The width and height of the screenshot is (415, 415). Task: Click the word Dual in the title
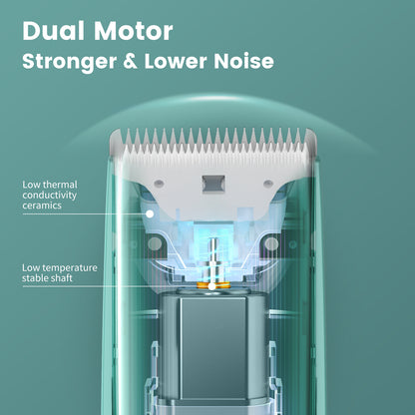point(53,31)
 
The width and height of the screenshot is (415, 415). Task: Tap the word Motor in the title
point(133,31)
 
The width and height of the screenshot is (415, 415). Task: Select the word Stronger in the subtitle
point(69,62)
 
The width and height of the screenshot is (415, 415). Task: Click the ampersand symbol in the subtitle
point(130,61)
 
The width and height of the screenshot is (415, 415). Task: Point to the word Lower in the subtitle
point(176,61)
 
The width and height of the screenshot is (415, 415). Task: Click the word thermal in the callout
point(60,185)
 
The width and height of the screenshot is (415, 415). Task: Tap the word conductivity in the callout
point(49,196)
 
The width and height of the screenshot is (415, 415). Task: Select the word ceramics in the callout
point(42,206)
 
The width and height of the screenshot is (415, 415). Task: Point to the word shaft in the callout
point(62,278)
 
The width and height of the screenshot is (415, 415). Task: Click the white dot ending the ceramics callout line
point(150,214)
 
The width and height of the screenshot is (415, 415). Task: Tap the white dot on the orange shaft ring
point(211,286)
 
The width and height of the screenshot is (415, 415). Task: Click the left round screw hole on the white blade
point(159,183)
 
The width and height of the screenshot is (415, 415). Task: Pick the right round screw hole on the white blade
point(268,183)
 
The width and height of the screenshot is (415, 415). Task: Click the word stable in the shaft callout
point(36,278)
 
